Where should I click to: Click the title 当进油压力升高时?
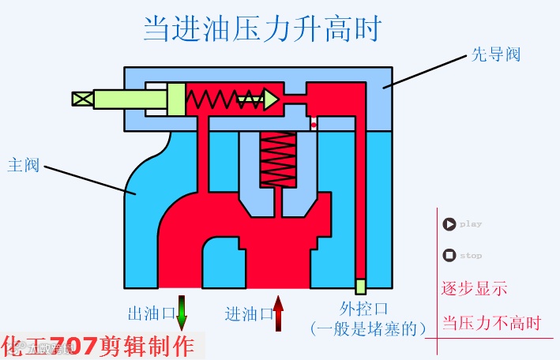(x=262, y=29)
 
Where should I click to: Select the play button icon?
(x=449, y=224)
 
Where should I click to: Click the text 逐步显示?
(x=474, y=288)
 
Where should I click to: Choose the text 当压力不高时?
(x=490, y=324)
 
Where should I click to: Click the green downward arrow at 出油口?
(x=182, y=312)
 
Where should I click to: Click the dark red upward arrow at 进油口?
(x=278, y=313)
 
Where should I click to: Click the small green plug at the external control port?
(x=360, y=286)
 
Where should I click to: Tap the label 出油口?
(x=151, y=313)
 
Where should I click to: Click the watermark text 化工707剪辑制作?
(x=98, y=346)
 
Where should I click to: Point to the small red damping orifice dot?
(x=314, y=125)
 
